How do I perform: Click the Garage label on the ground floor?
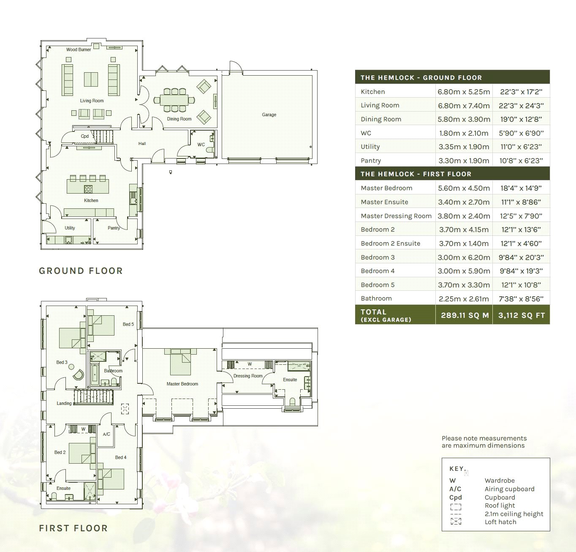[x=269, y=115]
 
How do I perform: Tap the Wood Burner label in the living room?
[x=79, y=49]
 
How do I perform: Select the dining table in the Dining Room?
[x=174, y=100]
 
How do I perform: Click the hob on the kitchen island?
[x=88, y=189]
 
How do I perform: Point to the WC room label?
[x=201, y=145]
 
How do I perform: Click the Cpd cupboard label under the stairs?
[x=84, y=136]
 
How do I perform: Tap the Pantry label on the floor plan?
[x=114, y=228]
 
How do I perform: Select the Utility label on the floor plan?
[x=70, y=228]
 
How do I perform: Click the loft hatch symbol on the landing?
[x=125, y=409]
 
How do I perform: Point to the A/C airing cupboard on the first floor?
[x=106, y=434]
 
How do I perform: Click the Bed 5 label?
[x=128, y=324]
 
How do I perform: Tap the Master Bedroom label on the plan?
[x=182, y=384]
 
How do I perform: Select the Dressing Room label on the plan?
[x=248, y=376]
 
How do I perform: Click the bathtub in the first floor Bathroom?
[x=95, y=374]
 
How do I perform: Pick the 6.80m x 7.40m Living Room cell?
[x=464, y=106]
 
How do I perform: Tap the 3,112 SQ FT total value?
[x=522, y=315]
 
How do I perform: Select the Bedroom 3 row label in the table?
[x=378, y=257]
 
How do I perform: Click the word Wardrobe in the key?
[x=500, y=481]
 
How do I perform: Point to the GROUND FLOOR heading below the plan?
[x=81, y=271]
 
